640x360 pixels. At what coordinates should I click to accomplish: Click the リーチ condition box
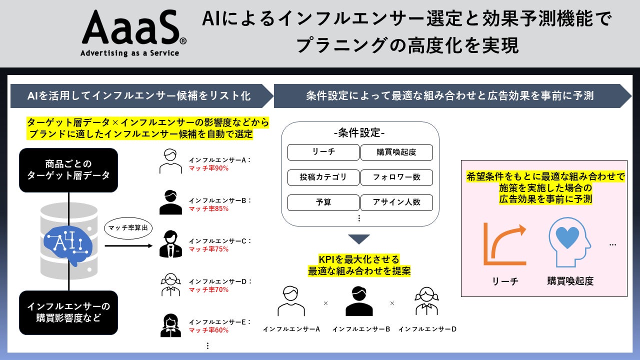point(323,152)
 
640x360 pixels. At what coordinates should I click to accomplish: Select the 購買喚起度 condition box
point(396,152)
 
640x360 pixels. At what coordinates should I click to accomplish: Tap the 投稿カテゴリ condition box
point(323,177)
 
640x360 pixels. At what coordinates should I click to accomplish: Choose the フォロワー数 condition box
point(396,177)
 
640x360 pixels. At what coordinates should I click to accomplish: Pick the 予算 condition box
point(323,202)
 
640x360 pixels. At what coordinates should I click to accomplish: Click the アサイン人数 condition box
point(396,202)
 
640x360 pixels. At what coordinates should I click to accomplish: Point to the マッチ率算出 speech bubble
point(128,228)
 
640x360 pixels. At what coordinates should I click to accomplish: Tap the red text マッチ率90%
point(208,168)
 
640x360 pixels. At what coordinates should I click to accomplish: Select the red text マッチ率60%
point(208,330)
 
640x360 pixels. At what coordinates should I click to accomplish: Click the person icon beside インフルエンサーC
point(170,245)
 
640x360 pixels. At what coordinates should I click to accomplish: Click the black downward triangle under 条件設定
point(359,239)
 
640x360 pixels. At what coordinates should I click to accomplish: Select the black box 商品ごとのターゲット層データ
point(68,170)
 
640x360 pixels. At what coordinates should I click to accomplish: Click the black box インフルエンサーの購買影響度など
point(68,312)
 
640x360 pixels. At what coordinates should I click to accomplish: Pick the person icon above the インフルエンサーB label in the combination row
point(359,301)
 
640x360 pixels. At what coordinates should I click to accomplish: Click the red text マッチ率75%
point(208,249)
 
